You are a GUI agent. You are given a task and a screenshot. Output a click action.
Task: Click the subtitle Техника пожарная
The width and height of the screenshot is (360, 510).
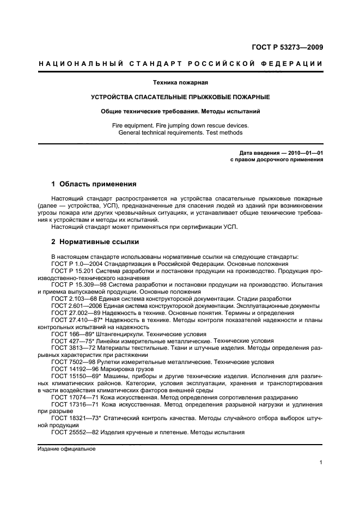click(x=180, y=83)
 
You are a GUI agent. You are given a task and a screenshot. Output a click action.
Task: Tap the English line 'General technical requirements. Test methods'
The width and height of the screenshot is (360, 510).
click(x=180, y=132)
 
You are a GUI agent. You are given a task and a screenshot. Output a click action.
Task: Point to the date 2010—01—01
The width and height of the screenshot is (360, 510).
click(x=303, y=153)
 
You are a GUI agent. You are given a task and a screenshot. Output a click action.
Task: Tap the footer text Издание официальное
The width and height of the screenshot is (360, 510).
click(x=66, y=449)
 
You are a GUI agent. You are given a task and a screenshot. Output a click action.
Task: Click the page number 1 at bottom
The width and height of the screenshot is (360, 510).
click(x=321, y=463)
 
